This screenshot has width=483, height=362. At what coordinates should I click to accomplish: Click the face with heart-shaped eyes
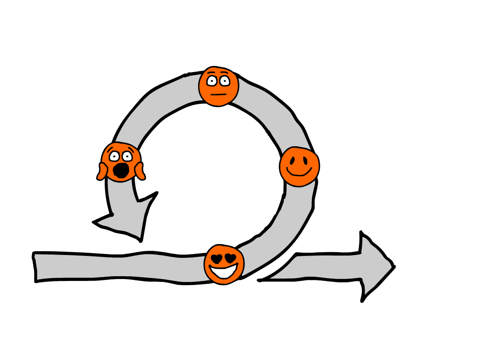(x=224, y=264)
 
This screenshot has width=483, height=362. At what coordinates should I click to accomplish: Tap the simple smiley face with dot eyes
(x=299, y=166)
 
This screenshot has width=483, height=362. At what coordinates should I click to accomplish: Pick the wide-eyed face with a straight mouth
(x=218, y=86)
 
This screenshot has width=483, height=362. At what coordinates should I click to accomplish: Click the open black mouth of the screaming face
(x=122, y=170)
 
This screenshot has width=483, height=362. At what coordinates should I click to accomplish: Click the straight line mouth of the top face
(x=218, y=94)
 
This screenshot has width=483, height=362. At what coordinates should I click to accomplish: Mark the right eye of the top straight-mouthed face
(x=225, y=81)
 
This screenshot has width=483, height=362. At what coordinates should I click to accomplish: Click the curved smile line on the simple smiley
(x=299, y=173)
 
